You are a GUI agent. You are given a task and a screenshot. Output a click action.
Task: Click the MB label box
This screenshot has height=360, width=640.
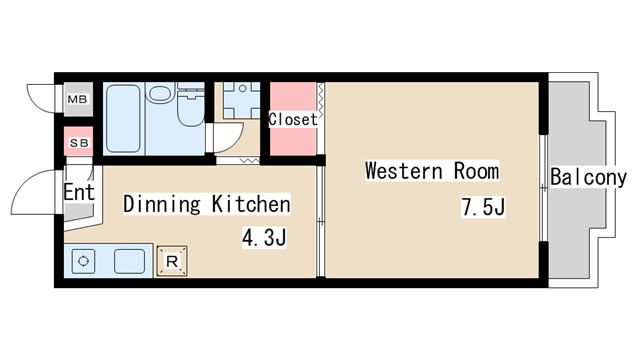click(78, 99)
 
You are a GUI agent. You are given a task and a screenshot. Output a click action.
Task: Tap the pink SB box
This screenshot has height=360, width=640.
click(79, 142)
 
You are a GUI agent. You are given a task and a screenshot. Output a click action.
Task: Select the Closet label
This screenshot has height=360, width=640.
click(293, 119)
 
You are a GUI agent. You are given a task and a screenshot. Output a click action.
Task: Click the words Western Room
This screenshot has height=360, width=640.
click(432, 171)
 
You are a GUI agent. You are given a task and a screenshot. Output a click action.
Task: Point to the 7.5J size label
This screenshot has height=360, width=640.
click(483, 207)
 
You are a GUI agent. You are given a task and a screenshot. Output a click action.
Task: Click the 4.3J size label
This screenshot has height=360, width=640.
click(264, 238)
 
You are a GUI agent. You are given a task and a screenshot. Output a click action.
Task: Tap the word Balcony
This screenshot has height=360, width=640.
click(588, 177)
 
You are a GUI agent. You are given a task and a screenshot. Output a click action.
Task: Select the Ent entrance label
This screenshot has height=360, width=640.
click(79, 192)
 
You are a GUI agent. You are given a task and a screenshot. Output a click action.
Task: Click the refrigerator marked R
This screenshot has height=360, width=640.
click(172, 261)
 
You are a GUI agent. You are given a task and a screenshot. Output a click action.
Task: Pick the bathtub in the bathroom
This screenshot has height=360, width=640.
click(123, 118)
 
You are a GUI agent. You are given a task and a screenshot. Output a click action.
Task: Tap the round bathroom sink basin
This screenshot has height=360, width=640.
click(160, 93)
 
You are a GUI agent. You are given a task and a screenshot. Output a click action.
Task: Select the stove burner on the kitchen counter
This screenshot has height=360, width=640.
click(84, 261)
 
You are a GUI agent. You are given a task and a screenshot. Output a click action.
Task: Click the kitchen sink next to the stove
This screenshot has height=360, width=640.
click(129, 261)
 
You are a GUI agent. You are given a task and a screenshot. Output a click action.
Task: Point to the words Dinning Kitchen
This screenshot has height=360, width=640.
click(207, 204)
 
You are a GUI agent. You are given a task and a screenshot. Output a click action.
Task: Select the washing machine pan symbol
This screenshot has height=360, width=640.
click(242, 100)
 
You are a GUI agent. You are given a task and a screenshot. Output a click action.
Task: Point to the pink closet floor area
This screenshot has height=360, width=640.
click(293, 119)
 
